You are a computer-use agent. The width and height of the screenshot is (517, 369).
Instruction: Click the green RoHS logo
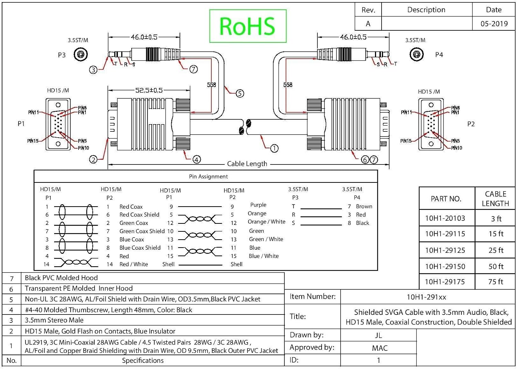click(x=248, y=26)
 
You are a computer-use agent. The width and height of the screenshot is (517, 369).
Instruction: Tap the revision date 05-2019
click(x=494, y=23)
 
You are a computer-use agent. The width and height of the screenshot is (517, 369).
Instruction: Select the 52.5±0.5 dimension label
click(x=149, y=90)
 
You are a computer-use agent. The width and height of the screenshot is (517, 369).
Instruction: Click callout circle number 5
click(x=240, y=93)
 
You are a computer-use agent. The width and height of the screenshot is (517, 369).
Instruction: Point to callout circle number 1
click(x=274, y=148)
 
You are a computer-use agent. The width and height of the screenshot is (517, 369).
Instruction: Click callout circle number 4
click(x=196, y=159)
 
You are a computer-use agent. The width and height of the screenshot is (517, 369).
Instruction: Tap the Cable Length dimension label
click(x=247, y=164)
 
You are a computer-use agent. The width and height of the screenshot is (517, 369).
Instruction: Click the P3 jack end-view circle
click(x=81, y=54)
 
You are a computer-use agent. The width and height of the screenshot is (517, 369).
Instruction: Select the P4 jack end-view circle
click(x=416, y=54)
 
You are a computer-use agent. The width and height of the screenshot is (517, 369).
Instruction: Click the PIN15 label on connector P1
click(x=33, y=141)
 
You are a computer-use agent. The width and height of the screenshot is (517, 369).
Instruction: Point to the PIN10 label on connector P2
click(x=457, y=148)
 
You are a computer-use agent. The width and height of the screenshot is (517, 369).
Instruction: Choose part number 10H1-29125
click(x=445, y=250)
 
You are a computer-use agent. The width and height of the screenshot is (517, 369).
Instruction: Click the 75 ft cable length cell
click(x=496, y=282)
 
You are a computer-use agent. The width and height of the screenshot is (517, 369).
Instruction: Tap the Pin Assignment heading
click(x=208, y=177)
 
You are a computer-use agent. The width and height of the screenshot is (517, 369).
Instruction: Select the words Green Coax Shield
click(x=142, y=231)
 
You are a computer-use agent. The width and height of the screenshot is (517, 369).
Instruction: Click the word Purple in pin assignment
click(x=258, y=205)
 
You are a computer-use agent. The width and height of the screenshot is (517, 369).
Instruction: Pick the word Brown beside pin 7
click(x=364, y=207)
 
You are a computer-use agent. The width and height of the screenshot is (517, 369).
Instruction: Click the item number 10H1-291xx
click(x=426, y=297)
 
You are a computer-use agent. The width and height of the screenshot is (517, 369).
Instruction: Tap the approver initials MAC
click(x=380, y=348)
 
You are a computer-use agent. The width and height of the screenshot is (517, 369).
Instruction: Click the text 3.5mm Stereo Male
click(x=54, y=320)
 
